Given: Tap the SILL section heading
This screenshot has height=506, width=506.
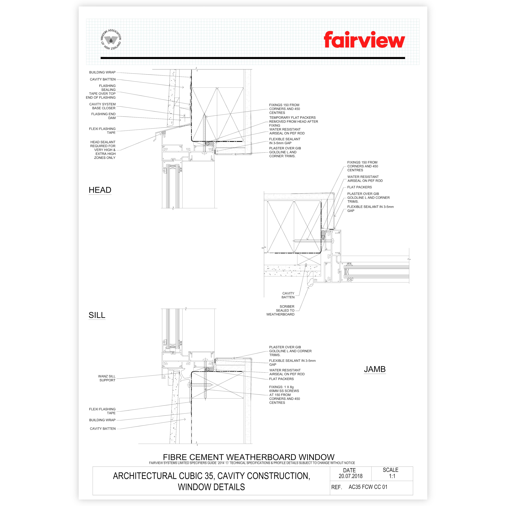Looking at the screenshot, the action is (x=97, y=315).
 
